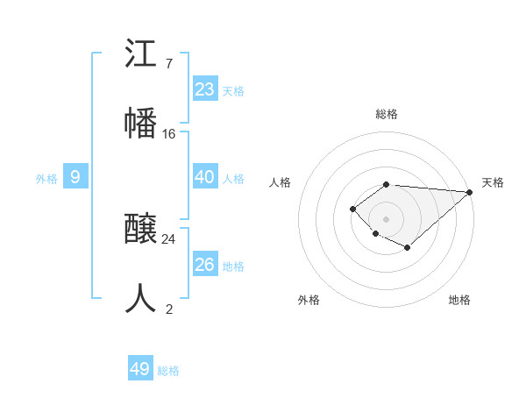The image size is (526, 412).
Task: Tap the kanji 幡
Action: coord(141,122)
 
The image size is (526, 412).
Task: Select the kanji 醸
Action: coord(141,230)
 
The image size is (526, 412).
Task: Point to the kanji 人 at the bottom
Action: coord(141,298)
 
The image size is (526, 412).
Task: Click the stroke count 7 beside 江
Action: coord(168,64)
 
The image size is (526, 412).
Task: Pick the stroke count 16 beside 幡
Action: coord(169,133)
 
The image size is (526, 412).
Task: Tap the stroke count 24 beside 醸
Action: coord(169,238)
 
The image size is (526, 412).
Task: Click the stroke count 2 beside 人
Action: coord(168,309)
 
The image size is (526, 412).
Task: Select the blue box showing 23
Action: coord(204,89)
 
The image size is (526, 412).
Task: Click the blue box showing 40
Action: coord(204,177)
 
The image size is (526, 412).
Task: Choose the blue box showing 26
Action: coord(204,265)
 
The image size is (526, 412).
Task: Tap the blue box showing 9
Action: coord(75,177)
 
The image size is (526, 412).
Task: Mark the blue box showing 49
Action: coord(140,369)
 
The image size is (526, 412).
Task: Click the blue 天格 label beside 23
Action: coord(233,90)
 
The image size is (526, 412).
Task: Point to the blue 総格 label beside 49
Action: coord(169,371)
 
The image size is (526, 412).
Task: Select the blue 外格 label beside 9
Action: coord(46,179)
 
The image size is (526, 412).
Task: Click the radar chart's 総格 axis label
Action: coord(387,114)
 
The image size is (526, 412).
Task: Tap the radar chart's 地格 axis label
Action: coord(459,300)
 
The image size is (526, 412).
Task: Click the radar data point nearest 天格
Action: coord(470,193)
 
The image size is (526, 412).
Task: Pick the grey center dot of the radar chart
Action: coord(387,218)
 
